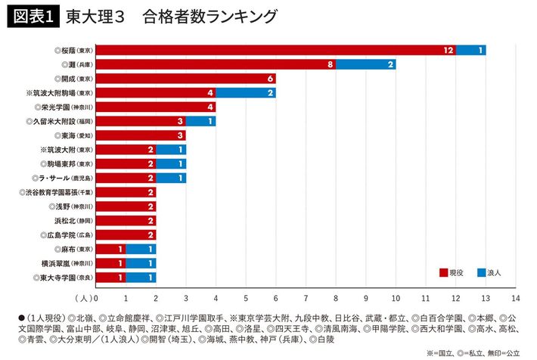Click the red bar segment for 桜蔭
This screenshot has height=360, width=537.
(275, 50)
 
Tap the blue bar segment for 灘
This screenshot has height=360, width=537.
(365, 64)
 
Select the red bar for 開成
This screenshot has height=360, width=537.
(185, 79)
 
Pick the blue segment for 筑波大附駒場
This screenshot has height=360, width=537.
(245, 93)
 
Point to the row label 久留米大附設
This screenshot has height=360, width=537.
(59, 121)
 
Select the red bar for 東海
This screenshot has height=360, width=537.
(141, 135)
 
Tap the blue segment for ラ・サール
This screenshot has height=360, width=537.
(170, 178)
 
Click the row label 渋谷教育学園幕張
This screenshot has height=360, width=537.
(55, 192)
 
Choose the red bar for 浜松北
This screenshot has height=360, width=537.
(126, 221)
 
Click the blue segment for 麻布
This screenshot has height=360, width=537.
(141, 250)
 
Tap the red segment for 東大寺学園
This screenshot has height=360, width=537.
(110, 278)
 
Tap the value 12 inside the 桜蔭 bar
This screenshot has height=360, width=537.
(449, 50)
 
